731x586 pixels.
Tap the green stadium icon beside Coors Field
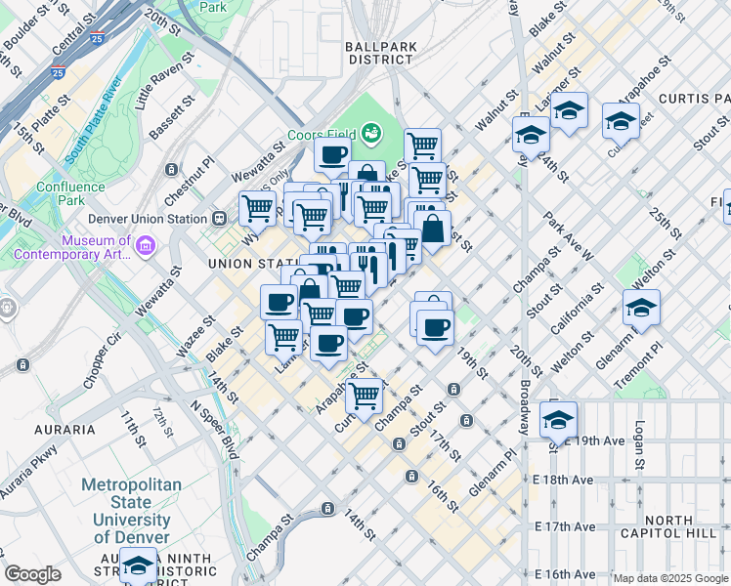point(370,132)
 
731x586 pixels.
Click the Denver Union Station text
point(148,219)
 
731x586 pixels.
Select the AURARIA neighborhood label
point(63,429)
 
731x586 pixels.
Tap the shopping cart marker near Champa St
point(364,396)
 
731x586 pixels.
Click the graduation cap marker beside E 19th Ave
point(558,420)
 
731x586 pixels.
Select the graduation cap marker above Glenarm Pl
point(640,308)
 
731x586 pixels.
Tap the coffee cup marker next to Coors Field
point(332,154)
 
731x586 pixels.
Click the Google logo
point(33,574)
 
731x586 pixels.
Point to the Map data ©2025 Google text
point(669,578)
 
